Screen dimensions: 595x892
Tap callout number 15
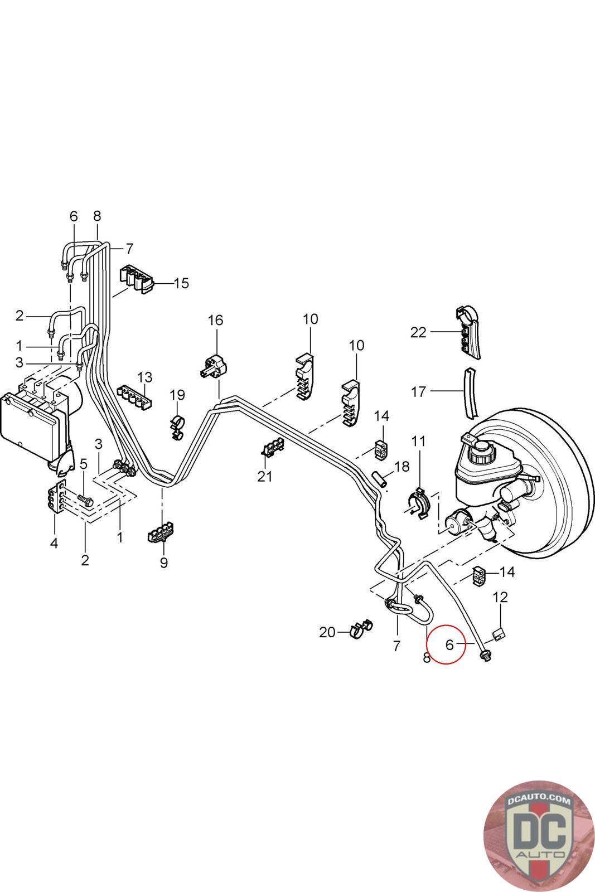[x=181, y=283]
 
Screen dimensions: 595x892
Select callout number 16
[x=215, y=320]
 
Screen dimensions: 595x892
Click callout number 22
[x=418, y=332]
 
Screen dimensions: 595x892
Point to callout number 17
[x=418, y=392]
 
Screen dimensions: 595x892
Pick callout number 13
[x=145, y=377]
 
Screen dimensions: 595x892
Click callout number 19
[x=177, y=395]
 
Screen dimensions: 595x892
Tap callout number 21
[x=265, y=476]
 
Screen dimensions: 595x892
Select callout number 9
[x=164, y=563]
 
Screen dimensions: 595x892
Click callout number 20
[x=327, y=632]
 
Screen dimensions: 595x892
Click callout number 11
[x=418, y=441]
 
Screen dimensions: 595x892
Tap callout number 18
[x=401, y=466]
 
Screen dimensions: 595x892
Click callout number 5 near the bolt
[x=83, y=463]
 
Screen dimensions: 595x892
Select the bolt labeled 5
[x=85, y=499]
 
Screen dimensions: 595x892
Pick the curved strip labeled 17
[x=470, y=393]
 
